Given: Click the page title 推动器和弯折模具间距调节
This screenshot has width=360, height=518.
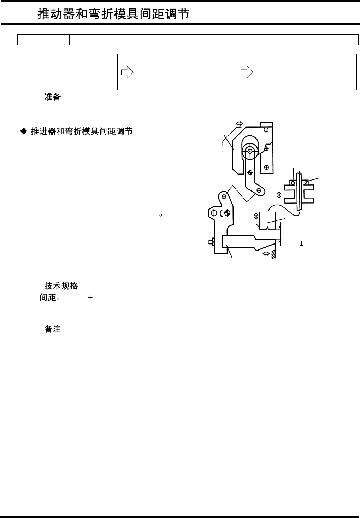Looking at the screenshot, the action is pos(113,14).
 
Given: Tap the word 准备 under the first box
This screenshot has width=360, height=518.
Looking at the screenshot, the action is pos(52,97).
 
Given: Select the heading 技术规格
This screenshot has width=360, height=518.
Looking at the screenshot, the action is pos(61,286).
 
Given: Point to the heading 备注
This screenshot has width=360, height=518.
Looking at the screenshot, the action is pos(52,329).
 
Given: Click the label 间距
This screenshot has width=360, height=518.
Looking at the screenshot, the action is pos(49,298).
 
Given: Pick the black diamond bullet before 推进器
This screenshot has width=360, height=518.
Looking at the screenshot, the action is pos(23,131).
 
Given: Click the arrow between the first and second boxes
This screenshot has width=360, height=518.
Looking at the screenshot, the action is pos(127,72).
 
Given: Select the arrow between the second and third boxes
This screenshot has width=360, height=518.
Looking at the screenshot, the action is pos(247,72).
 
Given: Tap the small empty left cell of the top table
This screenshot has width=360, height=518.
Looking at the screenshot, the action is pos(43,40).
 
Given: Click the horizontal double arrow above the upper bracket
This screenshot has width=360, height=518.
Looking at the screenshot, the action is pos(239,124).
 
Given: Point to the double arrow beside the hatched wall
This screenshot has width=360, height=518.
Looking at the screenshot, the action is pos(266,253).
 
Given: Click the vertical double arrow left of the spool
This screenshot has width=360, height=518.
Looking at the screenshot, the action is pos(279,195).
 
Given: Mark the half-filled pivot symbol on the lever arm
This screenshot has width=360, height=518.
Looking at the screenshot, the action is pos(250,172).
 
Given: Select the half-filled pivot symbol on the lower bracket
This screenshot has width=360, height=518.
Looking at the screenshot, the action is pos(227,213).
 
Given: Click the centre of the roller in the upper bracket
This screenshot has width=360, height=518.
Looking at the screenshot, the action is pos(250,151).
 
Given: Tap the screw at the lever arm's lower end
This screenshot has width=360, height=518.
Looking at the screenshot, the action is pos(259,190).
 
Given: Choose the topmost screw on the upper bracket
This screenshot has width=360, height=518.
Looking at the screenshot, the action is pos(266,130).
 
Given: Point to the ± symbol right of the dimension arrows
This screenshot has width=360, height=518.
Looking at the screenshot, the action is pos(301,243).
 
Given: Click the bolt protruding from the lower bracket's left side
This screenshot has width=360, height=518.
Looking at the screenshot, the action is pos(211,242).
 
